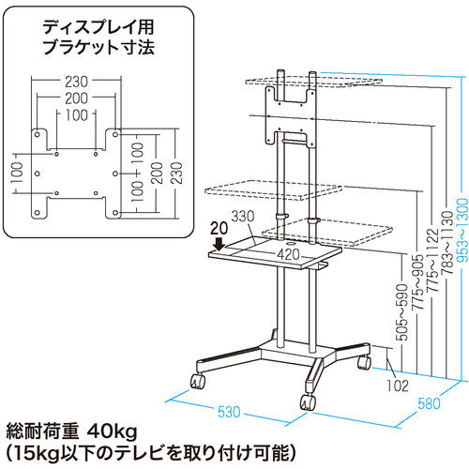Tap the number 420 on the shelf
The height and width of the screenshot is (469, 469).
287,254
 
